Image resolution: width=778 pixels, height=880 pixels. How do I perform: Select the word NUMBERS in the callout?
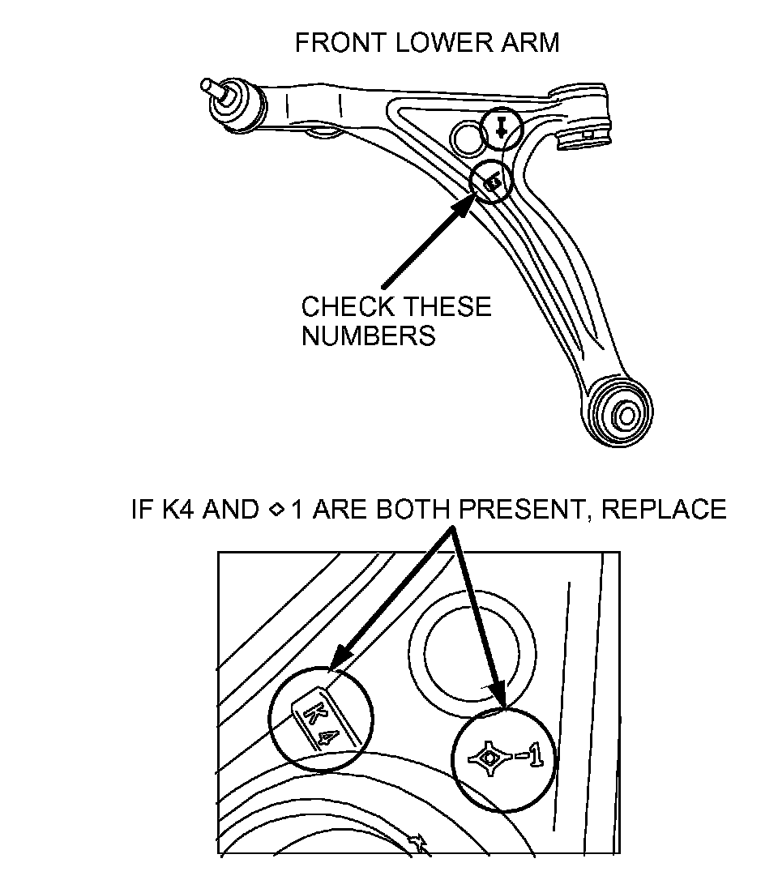(x=369, y=335)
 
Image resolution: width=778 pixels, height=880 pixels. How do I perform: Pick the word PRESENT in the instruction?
(x=528, y=509)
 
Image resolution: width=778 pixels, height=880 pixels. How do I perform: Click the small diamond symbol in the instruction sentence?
(x=275, y=510)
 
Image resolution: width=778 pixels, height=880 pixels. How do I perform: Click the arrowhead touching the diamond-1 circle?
(x=497, y=696)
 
